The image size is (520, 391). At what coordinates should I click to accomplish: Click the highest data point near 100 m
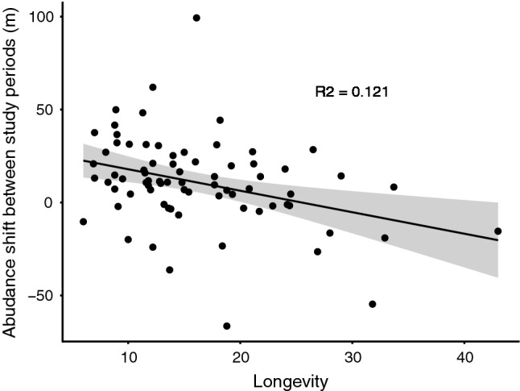tap(196, 18)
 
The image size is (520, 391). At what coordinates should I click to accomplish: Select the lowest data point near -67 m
tap(227, 326)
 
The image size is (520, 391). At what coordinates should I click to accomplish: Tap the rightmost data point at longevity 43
tap(498, 231)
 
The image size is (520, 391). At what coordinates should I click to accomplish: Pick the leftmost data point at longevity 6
tap(83, 222)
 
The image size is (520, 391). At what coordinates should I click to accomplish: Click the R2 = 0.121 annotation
tap(352, 93)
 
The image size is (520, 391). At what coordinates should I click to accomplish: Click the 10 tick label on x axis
tap(127, 357)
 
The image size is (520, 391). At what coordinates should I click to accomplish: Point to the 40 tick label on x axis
tap(464, 357)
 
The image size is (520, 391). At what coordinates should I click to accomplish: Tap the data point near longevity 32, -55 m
tap(373, 304)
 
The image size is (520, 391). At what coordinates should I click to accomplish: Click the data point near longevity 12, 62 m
tap(153, 87)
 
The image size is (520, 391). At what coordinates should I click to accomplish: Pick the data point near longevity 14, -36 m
tap(170, 269)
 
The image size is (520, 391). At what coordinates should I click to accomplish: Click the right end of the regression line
tap(498, 239)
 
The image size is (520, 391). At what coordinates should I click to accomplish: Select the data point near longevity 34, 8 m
tap(394, 187)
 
